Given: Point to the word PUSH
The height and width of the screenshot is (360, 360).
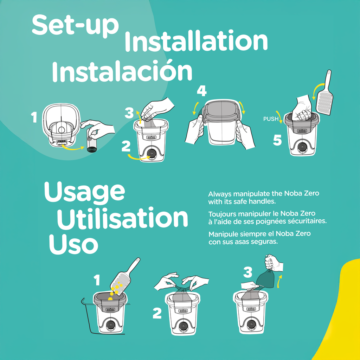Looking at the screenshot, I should coord(271,119).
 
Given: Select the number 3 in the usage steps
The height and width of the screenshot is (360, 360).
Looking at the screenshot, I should coord(247,272).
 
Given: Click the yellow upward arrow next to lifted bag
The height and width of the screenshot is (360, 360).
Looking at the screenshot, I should coord(279,281).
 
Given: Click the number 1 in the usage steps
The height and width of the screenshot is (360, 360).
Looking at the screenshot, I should coord(97,281).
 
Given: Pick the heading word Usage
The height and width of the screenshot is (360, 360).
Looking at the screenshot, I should coord(84,192).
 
